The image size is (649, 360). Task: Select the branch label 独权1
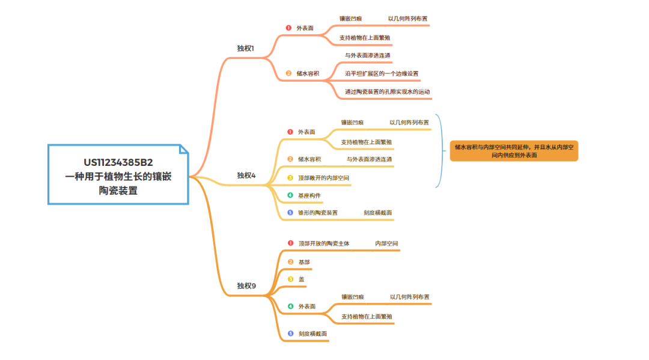246,48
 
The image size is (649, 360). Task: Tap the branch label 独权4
246,175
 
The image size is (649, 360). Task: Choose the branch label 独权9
246,285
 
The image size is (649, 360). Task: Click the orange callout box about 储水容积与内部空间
514,151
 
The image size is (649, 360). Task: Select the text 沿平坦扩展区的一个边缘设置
382,74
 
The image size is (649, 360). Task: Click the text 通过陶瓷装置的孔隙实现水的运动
388,93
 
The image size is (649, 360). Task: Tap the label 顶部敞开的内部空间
324,178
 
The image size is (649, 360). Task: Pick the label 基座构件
310,195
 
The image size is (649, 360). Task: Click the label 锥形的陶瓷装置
318,213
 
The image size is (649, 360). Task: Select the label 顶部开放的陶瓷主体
324,243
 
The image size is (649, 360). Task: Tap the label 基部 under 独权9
305,262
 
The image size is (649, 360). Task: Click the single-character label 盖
301,279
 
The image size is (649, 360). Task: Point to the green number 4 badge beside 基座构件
290,195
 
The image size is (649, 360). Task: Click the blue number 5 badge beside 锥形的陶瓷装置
290,213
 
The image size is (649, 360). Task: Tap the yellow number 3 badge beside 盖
291,279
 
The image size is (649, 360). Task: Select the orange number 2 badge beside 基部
291,262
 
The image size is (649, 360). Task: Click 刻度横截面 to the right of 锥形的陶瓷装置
378,213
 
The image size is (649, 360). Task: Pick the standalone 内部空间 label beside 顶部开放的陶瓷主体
387,243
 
